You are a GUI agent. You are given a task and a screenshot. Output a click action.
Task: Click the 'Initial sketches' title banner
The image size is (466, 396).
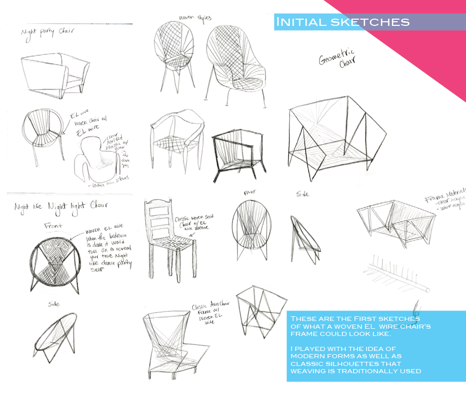[x=343, y=22]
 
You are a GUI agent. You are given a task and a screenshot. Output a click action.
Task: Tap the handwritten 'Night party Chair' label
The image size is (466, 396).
[x=47, y=32]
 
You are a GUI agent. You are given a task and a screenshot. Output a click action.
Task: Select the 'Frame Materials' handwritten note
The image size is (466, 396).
[x=446, y=199]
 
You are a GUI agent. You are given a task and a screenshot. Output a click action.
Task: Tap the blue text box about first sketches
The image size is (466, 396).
[x=376, y=346]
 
